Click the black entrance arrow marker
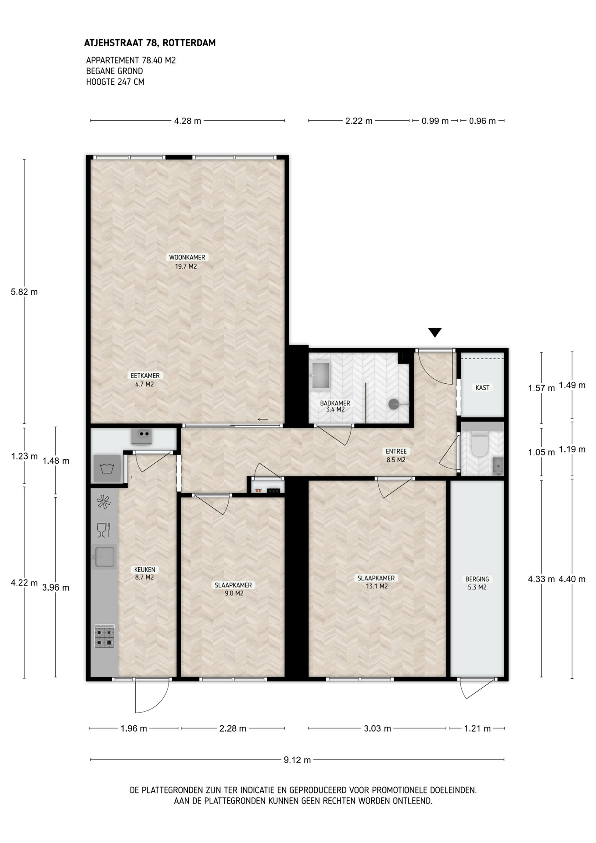coord(434,332)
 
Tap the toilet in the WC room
coord(479,443)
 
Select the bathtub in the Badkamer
coord(320,375)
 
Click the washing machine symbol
coord(106,468)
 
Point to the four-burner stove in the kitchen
coord(104,636)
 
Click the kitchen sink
coord(104,557)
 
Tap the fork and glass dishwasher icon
coord(103,530)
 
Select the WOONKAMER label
coord(187,257)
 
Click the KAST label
coord(482,388)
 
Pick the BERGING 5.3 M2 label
coord(477,583)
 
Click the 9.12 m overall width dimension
coord(297,760)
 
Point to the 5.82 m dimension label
coord(25,292)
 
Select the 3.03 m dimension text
coord(377,728)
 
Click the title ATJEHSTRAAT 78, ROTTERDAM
coord(150,43)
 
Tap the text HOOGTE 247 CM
coord(115,82)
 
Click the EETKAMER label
coord(145,375)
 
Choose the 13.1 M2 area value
coord(377,586)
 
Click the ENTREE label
coord(396,451)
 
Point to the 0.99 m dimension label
coord(435,121)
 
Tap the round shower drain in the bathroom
coord(394,404)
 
